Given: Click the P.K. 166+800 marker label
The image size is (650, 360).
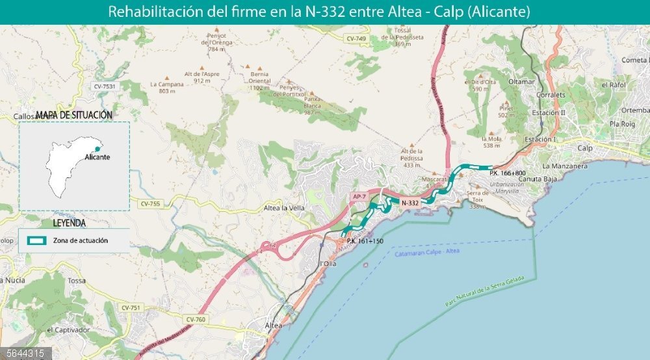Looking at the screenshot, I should coord(507,174).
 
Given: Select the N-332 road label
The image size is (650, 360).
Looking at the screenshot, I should coord(410,203).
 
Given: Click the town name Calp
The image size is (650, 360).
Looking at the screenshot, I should coord(586,148).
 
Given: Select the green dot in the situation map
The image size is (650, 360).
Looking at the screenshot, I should coord(98,149).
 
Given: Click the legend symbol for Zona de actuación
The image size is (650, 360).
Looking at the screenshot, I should coord(36,240).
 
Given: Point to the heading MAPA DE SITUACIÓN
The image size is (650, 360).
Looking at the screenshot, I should coord(74,115).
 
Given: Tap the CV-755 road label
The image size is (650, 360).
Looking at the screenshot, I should coord(149,203).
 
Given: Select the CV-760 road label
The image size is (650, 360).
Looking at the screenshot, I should coord(196,319).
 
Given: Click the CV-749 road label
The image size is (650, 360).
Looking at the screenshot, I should coord(357,39).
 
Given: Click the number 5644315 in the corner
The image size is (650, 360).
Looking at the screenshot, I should coord(23,354).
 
